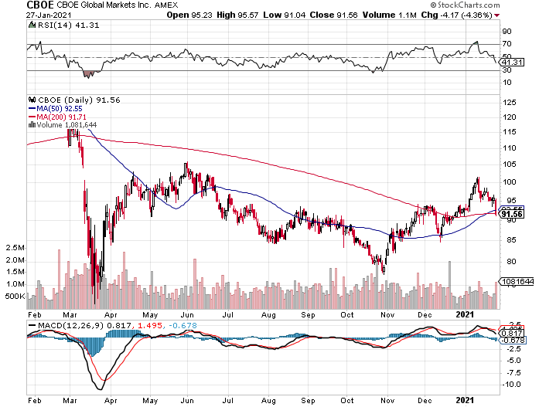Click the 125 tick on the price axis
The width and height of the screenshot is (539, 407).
508,102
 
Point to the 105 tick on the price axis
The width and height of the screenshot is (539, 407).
508,164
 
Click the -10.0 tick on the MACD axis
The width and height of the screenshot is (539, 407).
510,384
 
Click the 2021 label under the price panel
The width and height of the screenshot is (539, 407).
465,314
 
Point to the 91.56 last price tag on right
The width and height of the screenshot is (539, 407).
514,213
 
